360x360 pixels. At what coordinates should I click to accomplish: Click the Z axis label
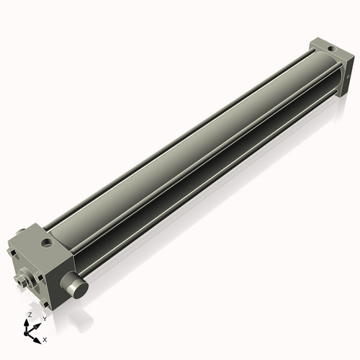coord(30,315)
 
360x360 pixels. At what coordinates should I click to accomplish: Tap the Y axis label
coord(45,318)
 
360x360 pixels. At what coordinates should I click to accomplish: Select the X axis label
coord(45,338)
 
